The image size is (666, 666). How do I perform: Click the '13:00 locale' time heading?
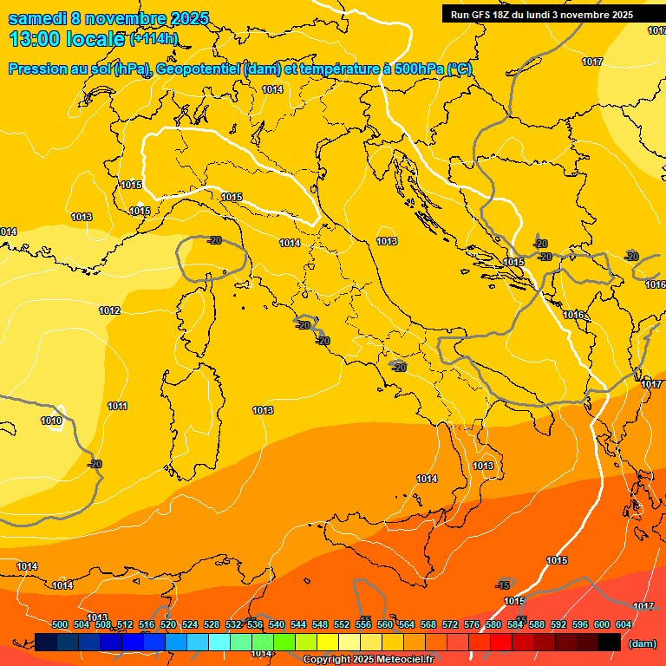(66, 38)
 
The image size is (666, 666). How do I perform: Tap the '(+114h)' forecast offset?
(153, 38)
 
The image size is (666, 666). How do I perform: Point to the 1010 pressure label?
(51, 421)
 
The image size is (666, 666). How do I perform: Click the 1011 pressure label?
(118, 406)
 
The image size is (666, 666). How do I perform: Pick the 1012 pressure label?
(109, 310)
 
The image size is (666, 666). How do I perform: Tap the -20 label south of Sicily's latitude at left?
(95, 464)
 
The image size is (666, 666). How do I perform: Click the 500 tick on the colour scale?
(60, 624)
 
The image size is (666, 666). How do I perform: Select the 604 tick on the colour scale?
(623, 624)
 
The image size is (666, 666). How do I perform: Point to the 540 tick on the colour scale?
(277, 624)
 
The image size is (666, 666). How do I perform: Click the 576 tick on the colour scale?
(472, 624)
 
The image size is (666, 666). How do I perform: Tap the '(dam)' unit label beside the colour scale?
(642, 643)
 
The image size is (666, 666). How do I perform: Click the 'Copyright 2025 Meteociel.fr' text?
(368, 659)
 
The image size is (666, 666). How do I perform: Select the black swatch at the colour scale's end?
(610, 642)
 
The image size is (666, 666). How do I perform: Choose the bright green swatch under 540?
(284, 642)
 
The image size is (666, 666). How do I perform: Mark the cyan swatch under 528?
(219, 642)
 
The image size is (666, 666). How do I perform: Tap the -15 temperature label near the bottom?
(503, 585)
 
